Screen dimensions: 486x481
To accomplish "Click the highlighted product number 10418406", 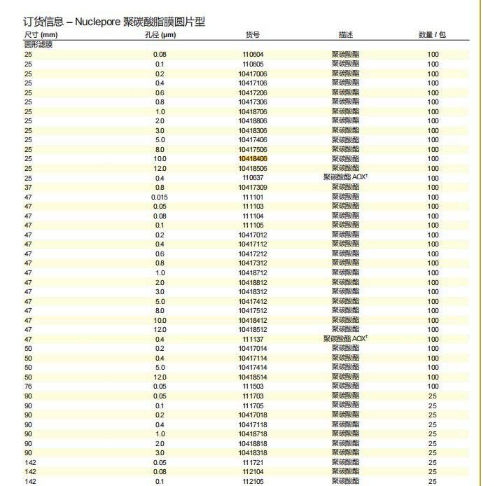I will [x=253, y=159].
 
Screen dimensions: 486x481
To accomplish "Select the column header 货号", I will [x=253, y=34].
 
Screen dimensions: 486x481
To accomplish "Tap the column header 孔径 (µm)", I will [x=160, y=34].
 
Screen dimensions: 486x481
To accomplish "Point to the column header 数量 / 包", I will [x=433, y=34].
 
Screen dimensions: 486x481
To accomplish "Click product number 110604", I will [x=253, y=55].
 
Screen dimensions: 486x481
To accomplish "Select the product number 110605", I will [x=253, y=64].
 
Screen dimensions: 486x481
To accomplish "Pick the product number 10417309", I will [x=253, y=188].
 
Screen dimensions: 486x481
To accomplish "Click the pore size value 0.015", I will [x=160, y=197].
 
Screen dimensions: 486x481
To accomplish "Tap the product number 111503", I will [x=253, y=387].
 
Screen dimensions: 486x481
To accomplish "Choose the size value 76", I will [x=28, y=387].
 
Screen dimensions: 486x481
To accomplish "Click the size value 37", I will [x=28, y=188].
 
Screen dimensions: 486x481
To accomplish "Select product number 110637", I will [x=253, y=178].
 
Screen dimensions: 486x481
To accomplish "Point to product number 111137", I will [x=253, y=339].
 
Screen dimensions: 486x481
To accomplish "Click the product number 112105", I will [x=253, y=481].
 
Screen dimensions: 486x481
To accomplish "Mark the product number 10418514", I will [x=253, y=377].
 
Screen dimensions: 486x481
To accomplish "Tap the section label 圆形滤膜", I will [x=39, y=44].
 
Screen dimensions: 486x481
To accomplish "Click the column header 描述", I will [x=346, y=34].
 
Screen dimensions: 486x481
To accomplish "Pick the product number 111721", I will [x=253, y=462].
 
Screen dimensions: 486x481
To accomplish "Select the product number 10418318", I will [x=253, y=453].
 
